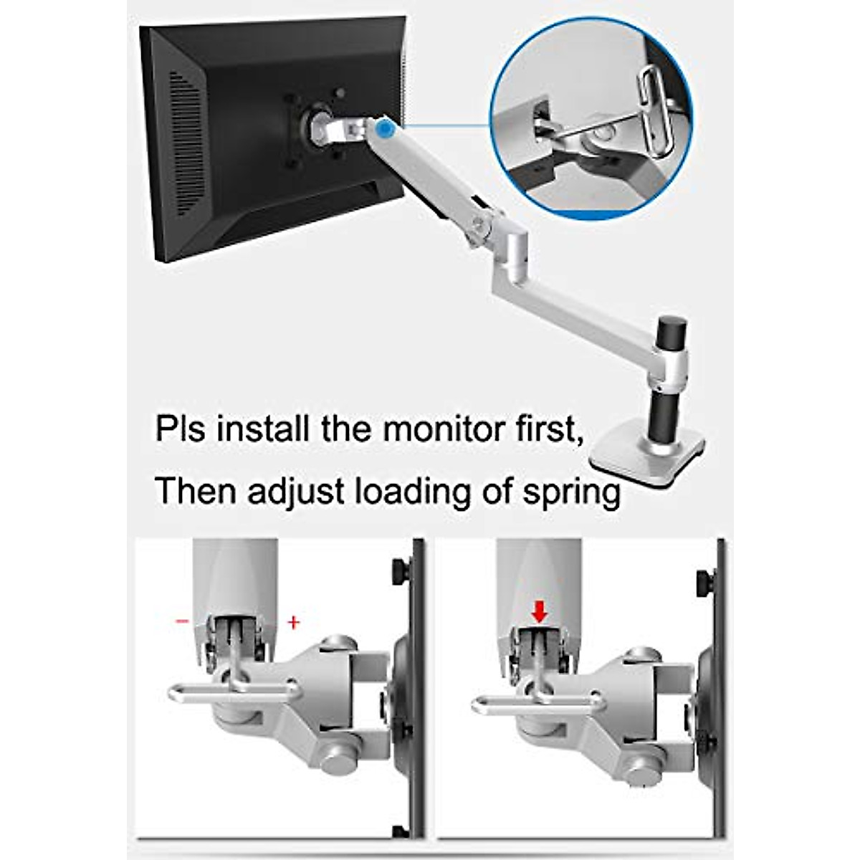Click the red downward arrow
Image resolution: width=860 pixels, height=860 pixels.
[540, 611]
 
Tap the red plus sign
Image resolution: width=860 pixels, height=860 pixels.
[292, 623]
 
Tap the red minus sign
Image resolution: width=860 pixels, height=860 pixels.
[182, 621]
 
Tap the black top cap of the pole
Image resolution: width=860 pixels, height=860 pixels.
[672, 331]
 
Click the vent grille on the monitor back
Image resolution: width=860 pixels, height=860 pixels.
[188, 143]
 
